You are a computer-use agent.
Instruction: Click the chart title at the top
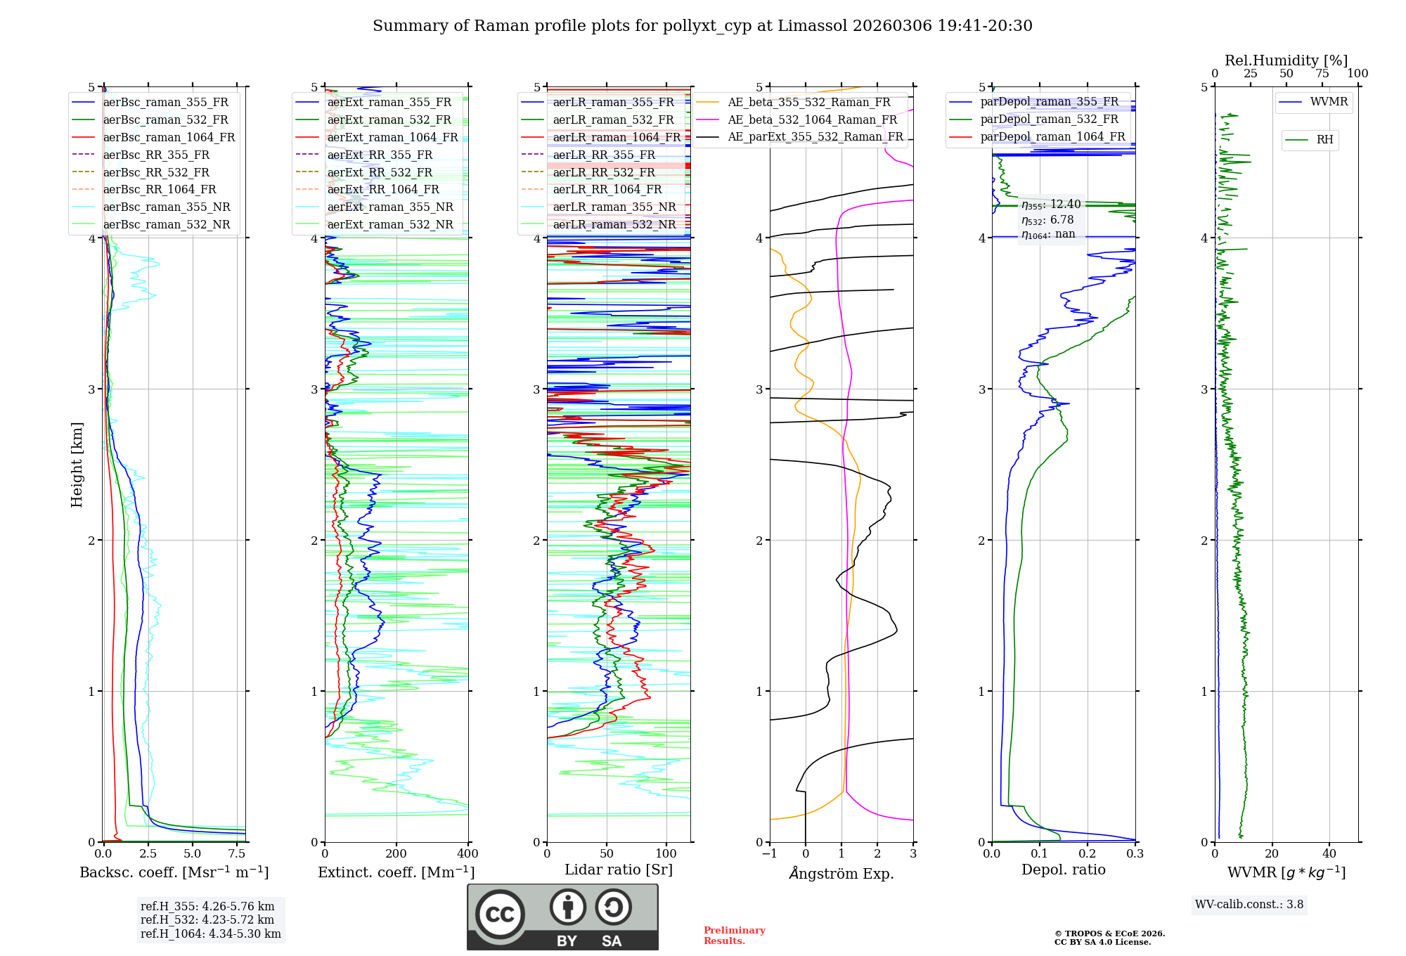(x=702, y=26)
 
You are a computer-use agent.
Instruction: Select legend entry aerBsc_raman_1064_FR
(x=169, y=137)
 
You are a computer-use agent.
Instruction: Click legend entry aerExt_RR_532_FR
(x=380, y=172)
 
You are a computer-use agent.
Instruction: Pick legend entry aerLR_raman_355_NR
(x=614, y=207)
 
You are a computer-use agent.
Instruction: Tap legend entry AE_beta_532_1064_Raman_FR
(x=812, y=119)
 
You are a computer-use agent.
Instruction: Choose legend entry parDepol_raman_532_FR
(x=1049, y=119)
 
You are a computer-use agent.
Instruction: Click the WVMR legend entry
(x=1328, y=102)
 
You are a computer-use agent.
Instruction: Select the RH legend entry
(x=1324, y=140)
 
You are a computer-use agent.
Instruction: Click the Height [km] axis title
(x=77, y=465)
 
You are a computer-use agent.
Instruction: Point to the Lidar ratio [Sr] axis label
(x=619, y=870)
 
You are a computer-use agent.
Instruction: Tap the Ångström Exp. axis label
(x=841, y=873)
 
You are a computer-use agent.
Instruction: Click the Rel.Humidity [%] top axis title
(x=1286, y=60)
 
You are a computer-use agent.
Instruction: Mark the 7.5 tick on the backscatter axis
(x=237, y=854)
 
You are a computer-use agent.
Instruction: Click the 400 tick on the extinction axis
(x=467, y=854)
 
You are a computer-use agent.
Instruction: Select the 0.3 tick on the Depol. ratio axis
(x=1135, y=854)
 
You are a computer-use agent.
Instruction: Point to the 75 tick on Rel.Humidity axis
(x=1322, y=74)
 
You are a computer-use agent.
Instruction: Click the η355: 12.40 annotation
(x=1051, y=205)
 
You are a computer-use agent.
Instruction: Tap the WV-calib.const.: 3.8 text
(x=1249, y=905)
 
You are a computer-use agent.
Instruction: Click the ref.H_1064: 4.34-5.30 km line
(x=210, y=934)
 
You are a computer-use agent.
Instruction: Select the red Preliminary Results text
(x=734, y=936)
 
